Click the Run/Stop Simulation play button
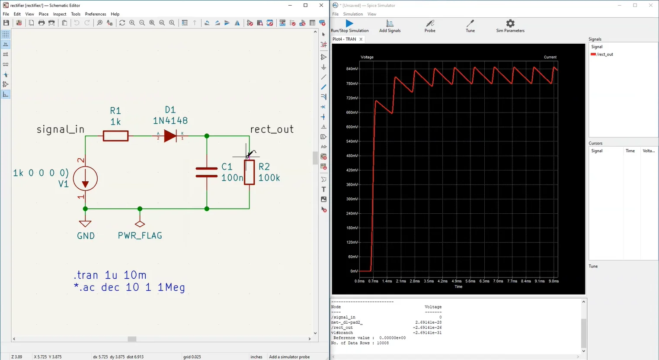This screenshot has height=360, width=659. (349, 23)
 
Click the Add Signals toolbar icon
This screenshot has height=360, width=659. (390, 23)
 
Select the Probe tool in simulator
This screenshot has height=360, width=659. (430, 23)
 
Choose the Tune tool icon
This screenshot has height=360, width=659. (470, 23)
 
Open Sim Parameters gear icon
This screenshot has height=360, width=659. (510, 23)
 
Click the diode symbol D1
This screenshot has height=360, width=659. (170, 136)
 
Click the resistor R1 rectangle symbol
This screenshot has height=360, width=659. (115, 136)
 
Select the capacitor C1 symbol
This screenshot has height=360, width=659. (207, 172)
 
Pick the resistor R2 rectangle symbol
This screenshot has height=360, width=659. (249, 172)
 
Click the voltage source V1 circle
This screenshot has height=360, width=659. (85, 178)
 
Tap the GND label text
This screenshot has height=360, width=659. (86, 236)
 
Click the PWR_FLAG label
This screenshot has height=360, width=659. (140, 236)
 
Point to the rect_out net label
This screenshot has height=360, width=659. (272, 129)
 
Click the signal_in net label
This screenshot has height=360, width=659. (61, 129)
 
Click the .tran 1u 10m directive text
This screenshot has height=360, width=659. (110, 275)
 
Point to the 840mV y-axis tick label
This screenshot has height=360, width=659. (352, 69)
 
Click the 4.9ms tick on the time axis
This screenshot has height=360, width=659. (457, 281)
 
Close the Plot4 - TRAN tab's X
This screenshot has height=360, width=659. (361, 39)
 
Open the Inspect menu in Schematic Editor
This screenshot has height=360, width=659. (60, 14)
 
